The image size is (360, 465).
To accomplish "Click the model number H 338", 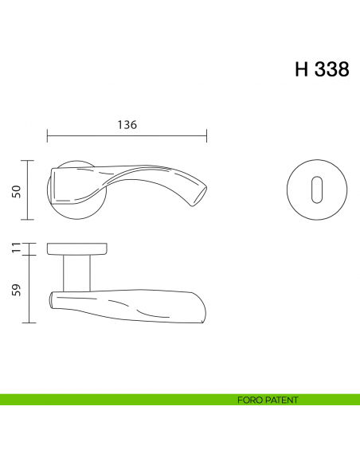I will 321,69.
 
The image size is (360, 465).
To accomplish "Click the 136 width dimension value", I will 127,125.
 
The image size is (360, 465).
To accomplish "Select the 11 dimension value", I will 16,249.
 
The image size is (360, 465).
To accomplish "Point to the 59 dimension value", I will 16,288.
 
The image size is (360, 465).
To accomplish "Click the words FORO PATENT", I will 267,400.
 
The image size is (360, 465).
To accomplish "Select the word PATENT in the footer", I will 282,400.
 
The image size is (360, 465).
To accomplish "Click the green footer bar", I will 119,400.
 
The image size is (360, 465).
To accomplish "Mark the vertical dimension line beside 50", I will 29,190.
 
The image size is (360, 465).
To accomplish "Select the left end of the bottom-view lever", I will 53,300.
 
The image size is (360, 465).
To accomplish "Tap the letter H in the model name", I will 301,69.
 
